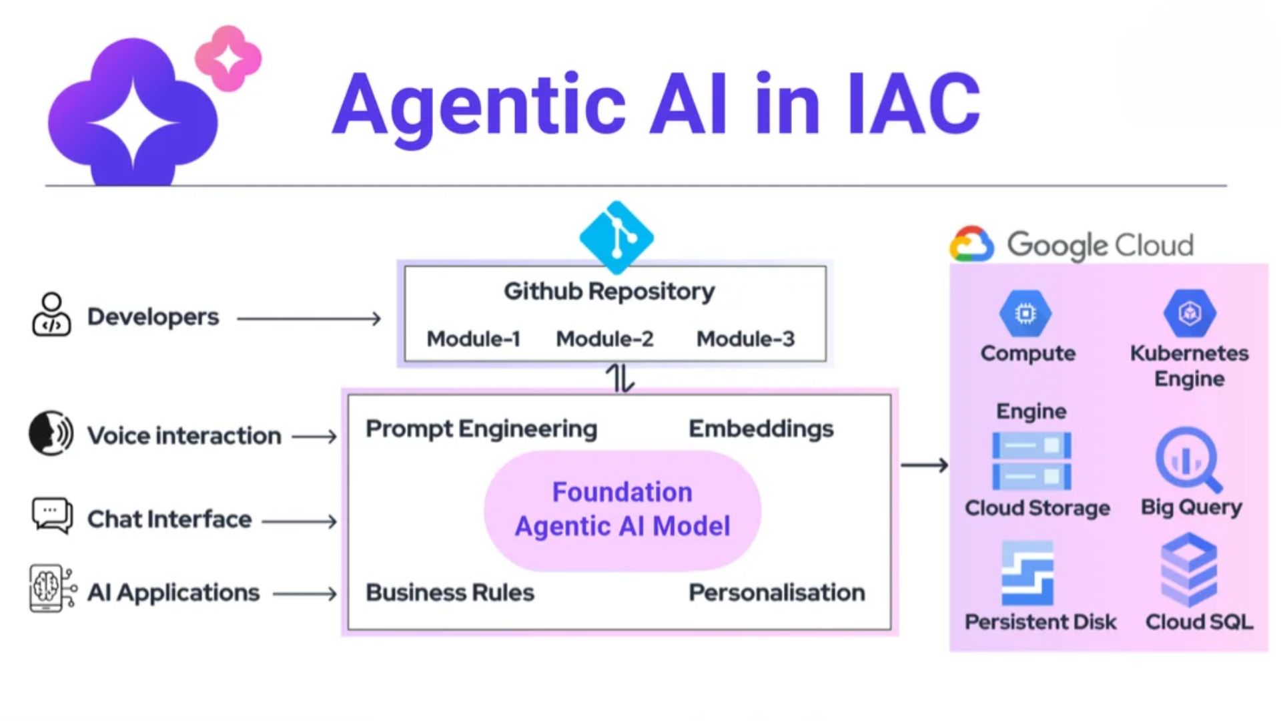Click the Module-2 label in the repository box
[x=604, y=339]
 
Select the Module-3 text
[x=745, y=339]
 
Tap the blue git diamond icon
[x=616, y=237]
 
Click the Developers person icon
[x=51, y=314]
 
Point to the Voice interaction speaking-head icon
[x=51, y=433]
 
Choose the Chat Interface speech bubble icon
[x=52, y=515]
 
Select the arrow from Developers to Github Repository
[x=309, y=318]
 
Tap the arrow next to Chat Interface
[x=300, y=521]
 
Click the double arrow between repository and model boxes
[x=620, y=379]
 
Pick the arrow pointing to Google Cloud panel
[x=924, y=465]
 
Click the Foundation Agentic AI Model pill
[x=622, y=510]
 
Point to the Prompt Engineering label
[x=481, y=429]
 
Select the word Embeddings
[x=761, y=429]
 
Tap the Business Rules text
[x=450, y=592]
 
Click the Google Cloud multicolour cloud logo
[x=971, y=244]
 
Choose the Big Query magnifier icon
[x=1188, y=460]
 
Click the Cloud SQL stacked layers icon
[x=1189, y=569]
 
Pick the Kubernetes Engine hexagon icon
[x=1190, y=312]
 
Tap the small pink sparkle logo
[x=228, y=59]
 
